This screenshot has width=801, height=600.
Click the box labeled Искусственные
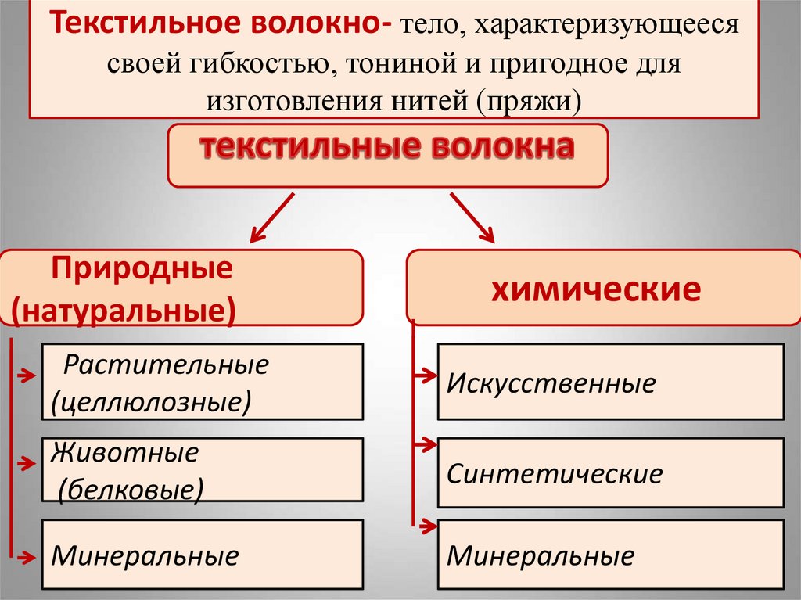coord(610,382)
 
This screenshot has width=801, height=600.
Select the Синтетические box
coord(610,472)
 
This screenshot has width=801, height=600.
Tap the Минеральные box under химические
coord(610,555)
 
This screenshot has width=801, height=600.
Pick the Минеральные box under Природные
coord(202,555)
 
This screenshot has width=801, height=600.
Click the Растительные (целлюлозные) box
coord(202,382)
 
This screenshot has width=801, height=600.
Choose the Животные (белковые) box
coord(202,469)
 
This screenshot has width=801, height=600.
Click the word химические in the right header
coord(595,290)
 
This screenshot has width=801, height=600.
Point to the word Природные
coord(142,270)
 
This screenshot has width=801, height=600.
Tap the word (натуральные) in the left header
coord(124,308)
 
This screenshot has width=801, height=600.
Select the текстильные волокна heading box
coord(388,154)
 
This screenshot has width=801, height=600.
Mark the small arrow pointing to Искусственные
coord(425,376)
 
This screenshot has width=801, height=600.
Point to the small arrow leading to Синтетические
coord(425,445)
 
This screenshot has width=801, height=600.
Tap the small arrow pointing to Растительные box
coord(24,376)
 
